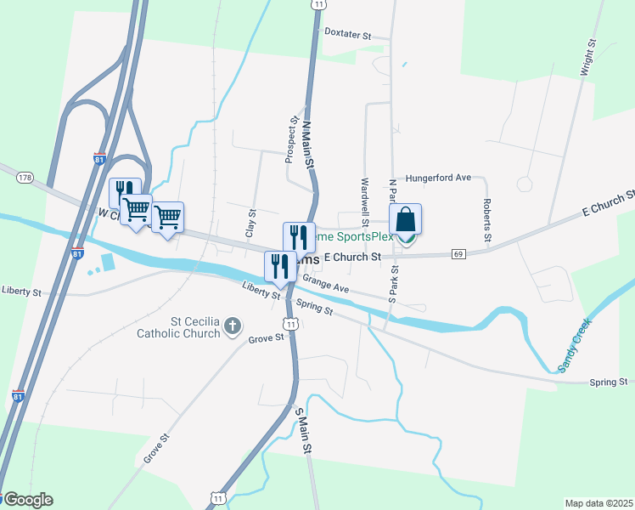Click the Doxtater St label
349,35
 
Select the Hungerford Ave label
438,178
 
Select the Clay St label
251,224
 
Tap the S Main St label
300,430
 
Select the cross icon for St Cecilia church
232,326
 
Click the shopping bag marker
406,221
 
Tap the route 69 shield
459,253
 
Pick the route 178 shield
24,178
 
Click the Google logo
27,500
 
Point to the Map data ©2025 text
598,503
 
